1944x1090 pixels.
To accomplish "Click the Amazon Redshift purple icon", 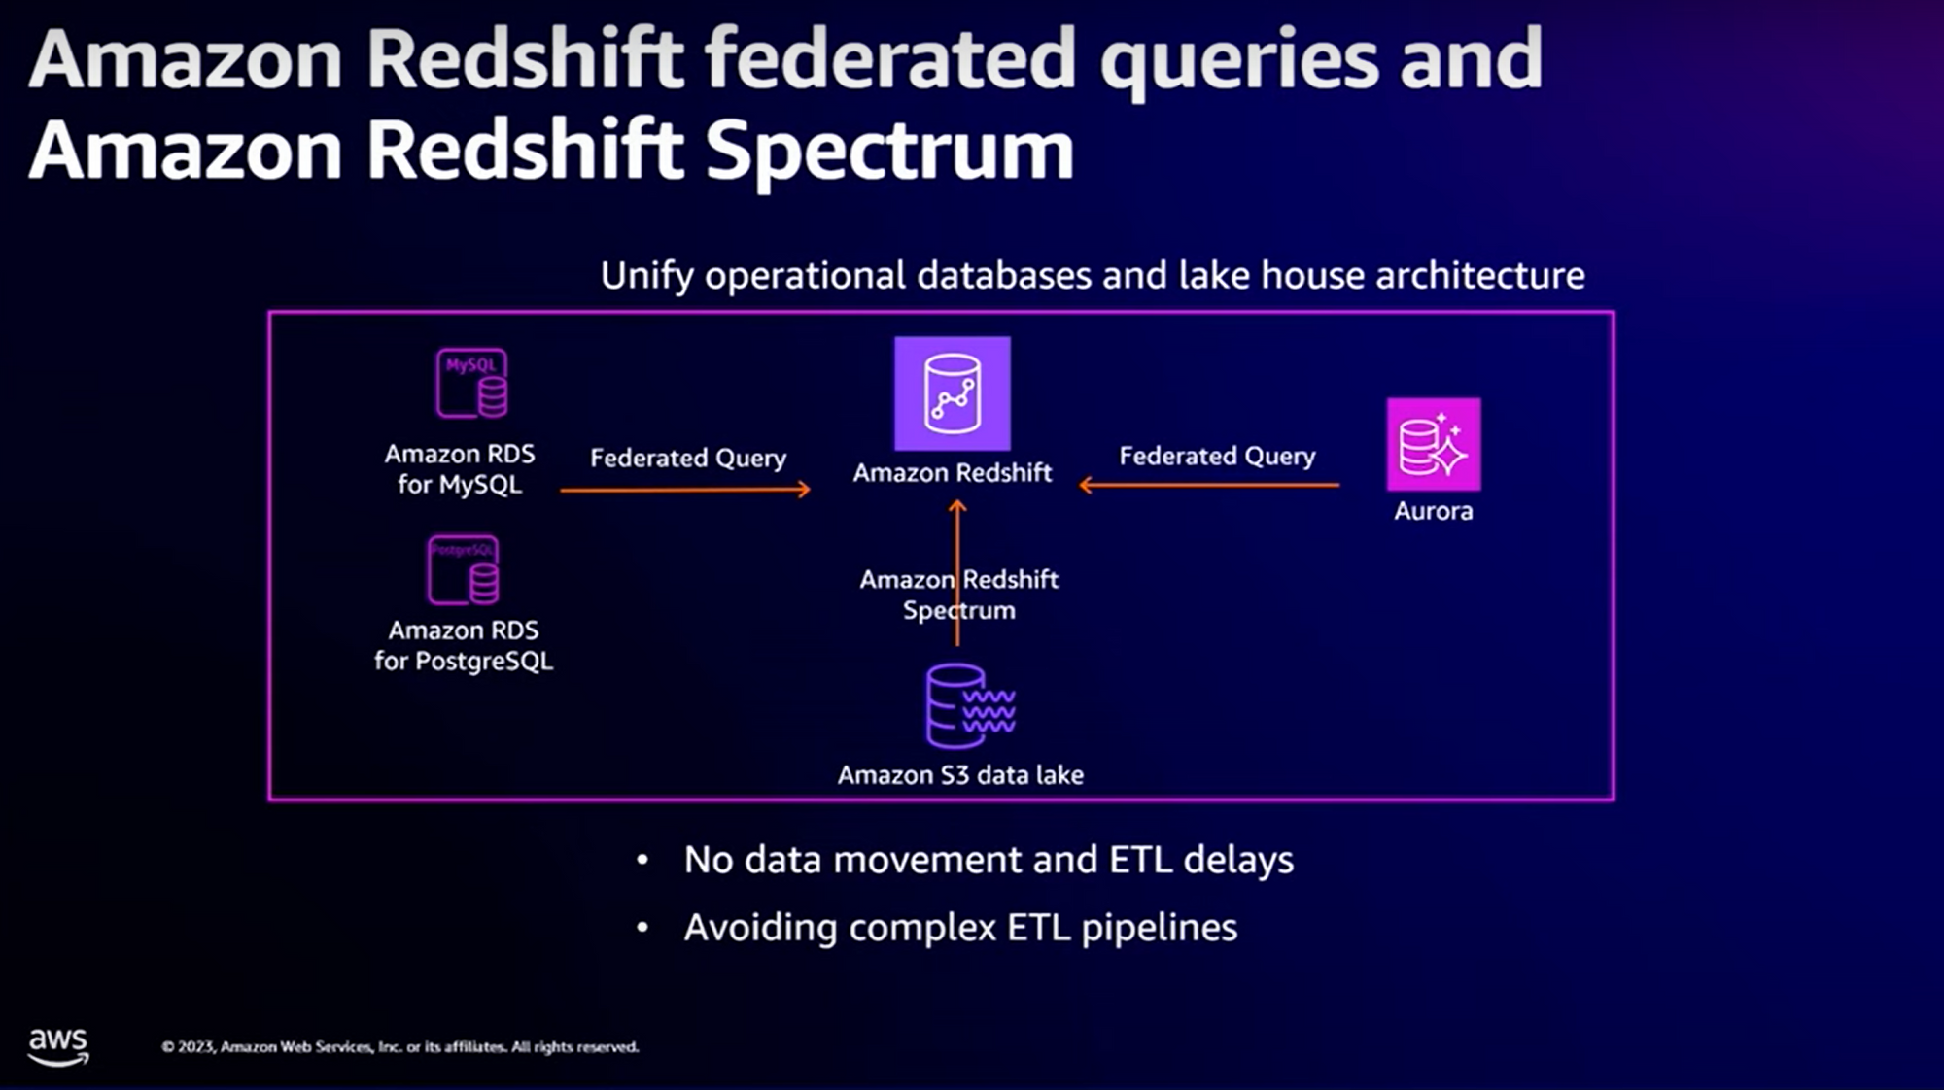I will [952, 393].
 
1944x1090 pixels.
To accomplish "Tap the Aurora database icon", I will [1434, 444].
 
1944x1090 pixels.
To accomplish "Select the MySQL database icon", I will [471, 384].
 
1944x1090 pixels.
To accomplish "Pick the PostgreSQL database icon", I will [464, 570].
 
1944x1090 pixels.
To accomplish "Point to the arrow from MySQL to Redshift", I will [685, 490].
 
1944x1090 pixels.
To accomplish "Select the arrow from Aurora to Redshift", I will [1209, 485].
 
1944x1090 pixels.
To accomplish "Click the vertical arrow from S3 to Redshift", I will [957, 544].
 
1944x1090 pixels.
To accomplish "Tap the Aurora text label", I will [1433, 511].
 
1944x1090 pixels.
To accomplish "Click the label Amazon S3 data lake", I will [960, 775].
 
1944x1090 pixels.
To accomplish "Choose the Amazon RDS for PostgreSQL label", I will [464, 646].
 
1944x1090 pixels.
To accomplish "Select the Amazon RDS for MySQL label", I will [460, 469].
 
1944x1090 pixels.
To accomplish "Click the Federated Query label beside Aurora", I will [1217, 456].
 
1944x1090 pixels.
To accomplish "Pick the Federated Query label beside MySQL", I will [688, 458].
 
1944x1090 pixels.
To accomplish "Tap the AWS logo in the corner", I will [58, 1046].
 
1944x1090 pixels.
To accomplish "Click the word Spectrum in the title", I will [889, 152].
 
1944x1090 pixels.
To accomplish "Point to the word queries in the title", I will [1239, 60].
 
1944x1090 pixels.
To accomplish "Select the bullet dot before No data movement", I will [642, 860].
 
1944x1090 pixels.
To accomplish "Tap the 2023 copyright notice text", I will [399, 1047].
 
